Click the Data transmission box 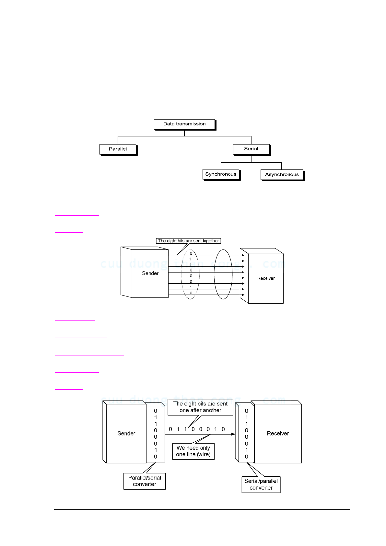(x=184, y=124)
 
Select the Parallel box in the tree (x=118, y=149)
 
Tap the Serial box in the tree (x=251, y=149)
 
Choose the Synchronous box (x=221, y=174)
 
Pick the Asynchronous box (x=282, y=175)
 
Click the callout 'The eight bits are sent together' (x=188, y=241)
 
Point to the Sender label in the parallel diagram (x=150, y=273)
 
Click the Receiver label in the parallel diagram (x=266, y=278)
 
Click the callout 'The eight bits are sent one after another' (x=200, y=407)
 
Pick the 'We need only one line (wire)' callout (x=193, y=451)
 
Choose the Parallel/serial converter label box (x=145, y=481)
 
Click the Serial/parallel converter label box (x=261, y=484)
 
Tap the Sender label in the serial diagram (x=126, y=434)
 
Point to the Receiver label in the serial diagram (x=278, y=434)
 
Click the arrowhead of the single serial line (x=233, y=434)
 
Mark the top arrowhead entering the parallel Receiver (x=243, y=255)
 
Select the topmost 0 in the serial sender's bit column (x=156, y=411)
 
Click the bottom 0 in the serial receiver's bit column (x=246, y=457)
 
